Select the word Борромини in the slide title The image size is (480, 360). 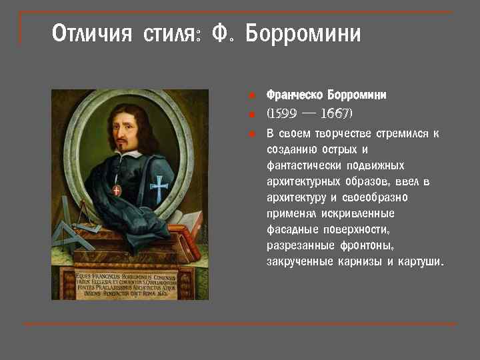(x=303, y=33)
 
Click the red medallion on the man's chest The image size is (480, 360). (x=117, y=191)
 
